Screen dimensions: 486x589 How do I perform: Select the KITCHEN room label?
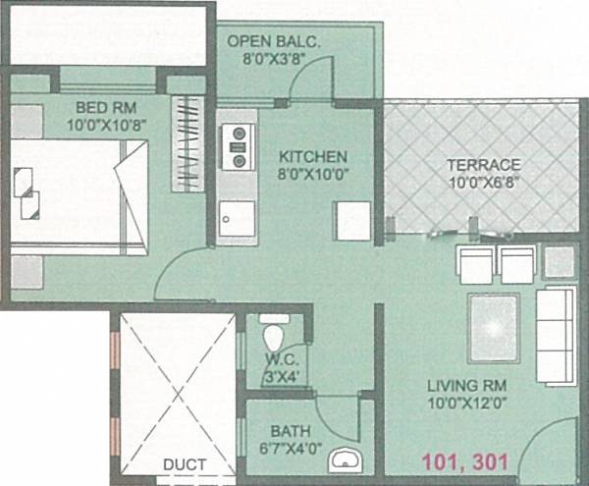click(312, 156)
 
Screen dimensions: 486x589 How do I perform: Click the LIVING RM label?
click(465, 385)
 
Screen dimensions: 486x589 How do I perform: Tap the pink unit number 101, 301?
click(465, 458)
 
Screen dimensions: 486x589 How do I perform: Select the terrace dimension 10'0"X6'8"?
click(482, 181)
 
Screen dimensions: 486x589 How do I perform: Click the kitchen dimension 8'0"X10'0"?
click(313, 174)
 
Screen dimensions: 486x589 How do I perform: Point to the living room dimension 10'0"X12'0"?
click(465, 403)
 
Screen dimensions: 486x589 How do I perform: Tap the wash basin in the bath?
click(344, 458)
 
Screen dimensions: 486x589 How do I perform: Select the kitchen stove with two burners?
click(236, 148)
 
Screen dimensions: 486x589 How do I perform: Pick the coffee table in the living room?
click(494, 328)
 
